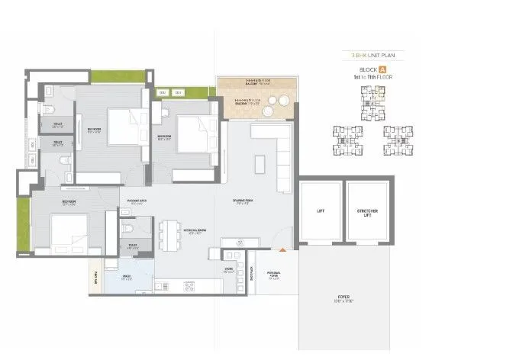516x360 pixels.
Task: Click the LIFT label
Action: click(x=321, y=211)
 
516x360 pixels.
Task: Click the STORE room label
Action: click(x=228, y=269)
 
